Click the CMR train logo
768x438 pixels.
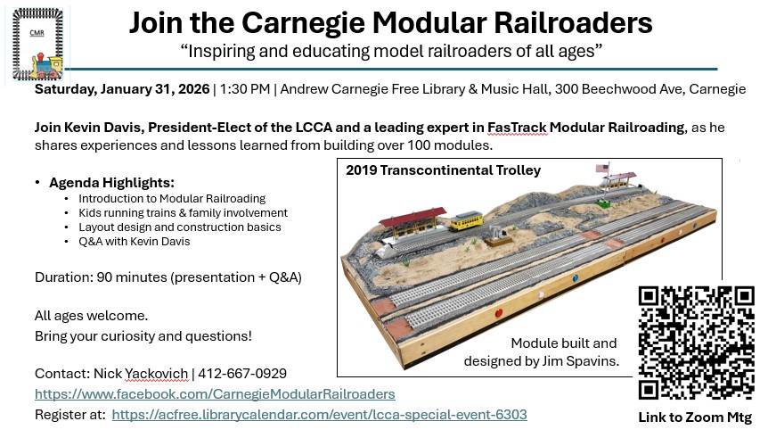(x=37, y=44)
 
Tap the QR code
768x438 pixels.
(x=696, y=343)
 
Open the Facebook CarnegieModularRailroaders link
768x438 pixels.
(x=215, y=394)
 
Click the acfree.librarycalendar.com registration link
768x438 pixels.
(x=319, y=415)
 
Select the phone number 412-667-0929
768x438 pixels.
(x=242, y=374)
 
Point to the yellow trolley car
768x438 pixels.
(x=466, y=220)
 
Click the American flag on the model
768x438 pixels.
(x=602, y=169)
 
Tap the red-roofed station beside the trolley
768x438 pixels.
(x=413, y=222)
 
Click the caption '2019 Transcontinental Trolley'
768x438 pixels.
(x=444, y=170)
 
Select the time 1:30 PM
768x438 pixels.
(x=245, y=89)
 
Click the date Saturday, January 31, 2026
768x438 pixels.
(x=122, y=89)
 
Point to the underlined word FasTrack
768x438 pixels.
(x=517, y=128)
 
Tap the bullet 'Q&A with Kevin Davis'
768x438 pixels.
(x=135, y=242)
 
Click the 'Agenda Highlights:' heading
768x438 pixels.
(x=111, y=183)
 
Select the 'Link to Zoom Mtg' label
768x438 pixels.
(x=695, y=417)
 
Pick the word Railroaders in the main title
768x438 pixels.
(x=573, y=22)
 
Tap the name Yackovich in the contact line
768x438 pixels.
(x=157, y=374)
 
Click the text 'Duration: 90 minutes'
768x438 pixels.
(x=101, y=277)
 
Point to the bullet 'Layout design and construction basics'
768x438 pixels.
(x=180, y=227)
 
